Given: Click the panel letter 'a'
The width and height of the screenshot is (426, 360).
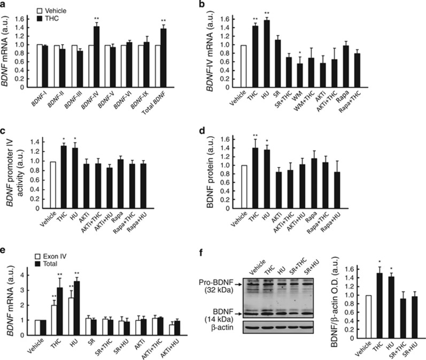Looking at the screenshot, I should point(4,5).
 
